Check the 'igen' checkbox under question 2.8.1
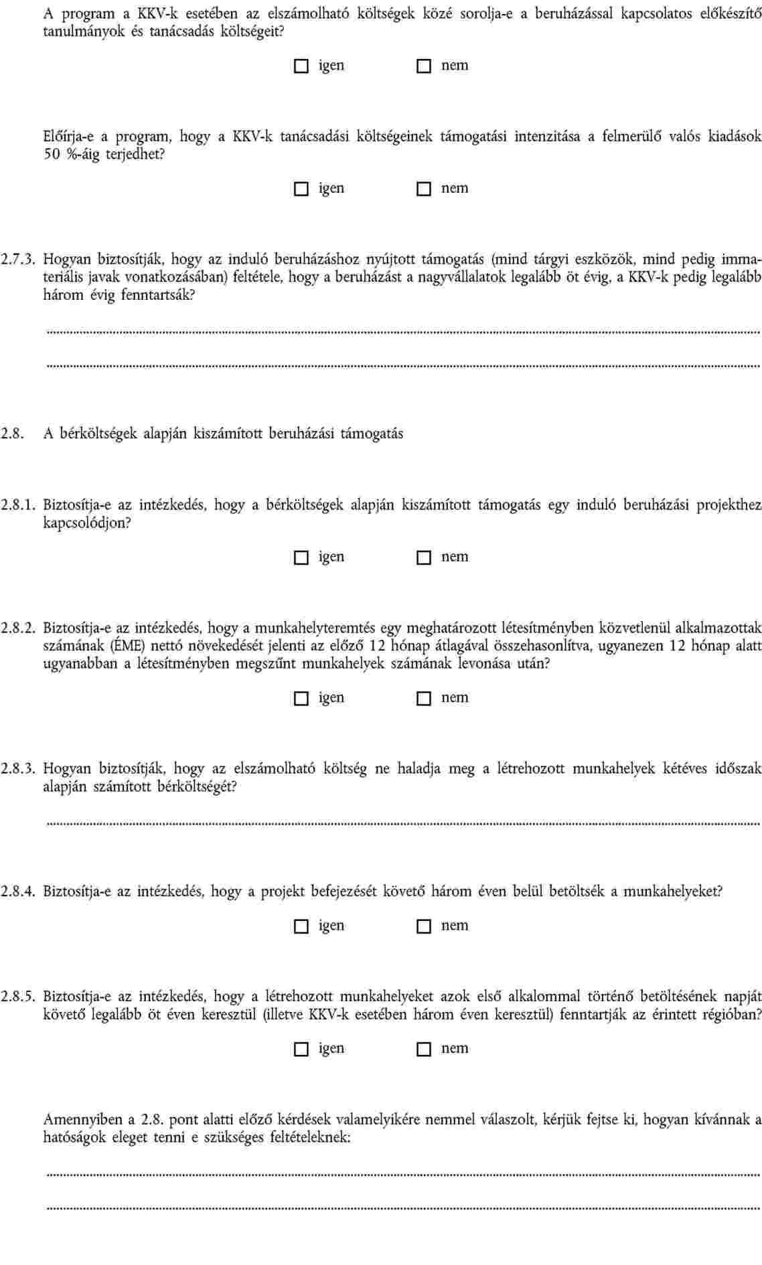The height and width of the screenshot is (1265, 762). click(301, 558)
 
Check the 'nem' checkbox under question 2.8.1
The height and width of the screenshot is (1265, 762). click(423, 558)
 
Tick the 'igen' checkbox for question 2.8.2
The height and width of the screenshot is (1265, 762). click(301, 698)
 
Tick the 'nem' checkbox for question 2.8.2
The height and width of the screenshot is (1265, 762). click(423, 698)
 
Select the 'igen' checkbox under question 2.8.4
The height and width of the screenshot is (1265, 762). click(301, 926)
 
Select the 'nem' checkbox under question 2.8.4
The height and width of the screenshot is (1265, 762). click(423, 926)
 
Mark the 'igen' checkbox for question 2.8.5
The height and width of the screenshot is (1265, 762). click(301, 1049)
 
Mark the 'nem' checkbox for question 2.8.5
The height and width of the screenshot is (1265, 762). click(423, 1049)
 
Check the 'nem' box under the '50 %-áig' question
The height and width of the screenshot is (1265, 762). click(423, 189)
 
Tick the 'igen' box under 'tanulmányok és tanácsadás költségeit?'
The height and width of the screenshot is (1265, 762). click(301, 66)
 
